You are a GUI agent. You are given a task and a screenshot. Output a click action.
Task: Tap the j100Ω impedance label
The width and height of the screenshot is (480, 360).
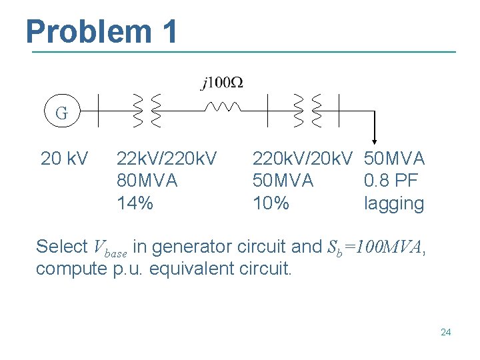[222, 83]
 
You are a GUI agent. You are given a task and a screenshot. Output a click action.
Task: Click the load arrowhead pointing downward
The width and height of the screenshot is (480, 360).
[375, 139]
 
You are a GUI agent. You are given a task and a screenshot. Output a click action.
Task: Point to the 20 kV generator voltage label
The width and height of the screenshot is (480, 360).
[64, 159]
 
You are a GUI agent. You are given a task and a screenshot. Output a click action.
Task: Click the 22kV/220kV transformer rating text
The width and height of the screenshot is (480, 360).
[166, 159]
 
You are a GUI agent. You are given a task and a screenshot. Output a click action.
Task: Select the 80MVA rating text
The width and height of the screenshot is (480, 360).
[147, 181]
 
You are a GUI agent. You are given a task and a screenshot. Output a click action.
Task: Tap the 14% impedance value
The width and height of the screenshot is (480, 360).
[135, 203]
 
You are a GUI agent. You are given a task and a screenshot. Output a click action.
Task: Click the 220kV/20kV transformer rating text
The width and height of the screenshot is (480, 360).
[303, 159]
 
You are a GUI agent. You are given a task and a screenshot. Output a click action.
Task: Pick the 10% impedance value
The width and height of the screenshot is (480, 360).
[271, 203]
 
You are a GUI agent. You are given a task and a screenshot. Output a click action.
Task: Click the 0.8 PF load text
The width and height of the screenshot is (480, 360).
[391, 181]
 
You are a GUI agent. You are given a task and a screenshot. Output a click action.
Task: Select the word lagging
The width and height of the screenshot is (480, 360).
[393, 204]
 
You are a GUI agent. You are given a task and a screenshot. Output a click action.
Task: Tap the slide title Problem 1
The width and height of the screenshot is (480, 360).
[102, 31]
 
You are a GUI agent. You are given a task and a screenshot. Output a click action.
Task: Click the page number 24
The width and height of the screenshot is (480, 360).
[445, 331]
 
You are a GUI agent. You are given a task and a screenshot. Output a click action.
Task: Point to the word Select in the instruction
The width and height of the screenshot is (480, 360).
[61, 247]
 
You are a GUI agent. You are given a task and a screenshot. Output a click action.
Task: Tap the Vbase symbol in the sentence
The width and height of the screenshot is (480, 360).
[110, 248]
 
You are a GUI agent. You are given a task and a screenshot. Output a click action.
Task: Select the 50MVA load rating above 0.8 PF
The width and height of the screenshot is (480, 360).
[394, 159]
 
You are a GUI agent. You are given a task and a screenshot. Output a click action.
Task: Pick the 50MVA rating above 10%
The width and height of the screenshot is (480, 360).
[283, 181]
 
